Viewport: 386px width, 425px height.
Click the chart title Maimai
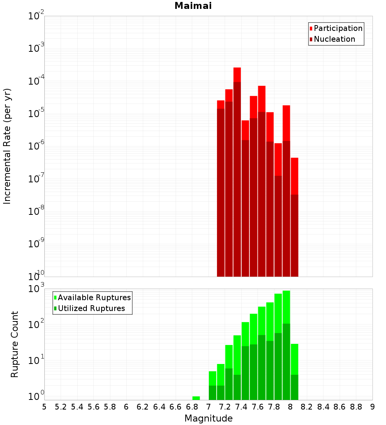click(x=193, y=6)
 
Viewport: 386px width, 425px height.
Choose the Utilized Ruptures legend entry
click(x=91, y=308)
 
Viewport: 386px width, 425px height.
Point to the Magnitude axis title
click(x=208, y=418)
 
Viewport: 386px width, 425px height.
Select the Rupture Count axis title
click(x=15, y=344)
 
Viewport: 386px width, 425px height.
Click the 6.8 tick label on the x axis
click(x=192, y=407)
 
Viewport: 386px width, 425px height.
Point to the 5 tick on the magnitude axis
click(x=44, y=407)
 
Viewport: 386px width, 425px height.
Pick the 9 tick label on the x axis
click(x=372, y=407)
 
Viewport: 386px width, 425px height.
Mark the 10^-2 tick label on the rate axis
click(x=36, y=16)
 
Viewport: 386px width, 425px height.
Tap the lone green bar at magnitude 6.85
click(x=196, y=398)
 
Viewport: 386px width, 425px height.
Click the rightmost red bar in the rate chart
click(x=295, y=216)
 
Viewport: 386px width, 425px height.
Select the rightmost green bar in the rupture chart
click(x=295, y=371)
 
